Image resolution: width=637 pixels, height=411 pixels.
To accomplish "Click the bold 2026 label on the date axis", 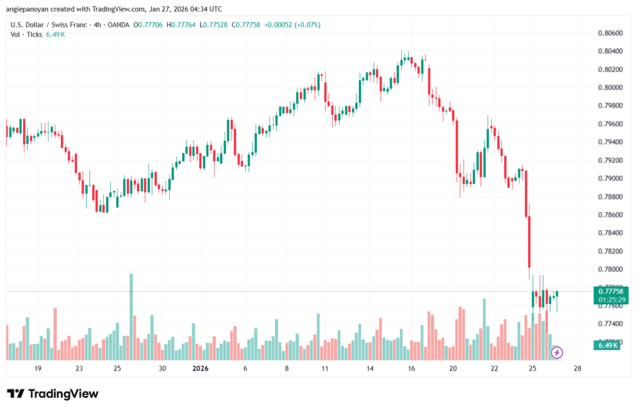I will (200, 368).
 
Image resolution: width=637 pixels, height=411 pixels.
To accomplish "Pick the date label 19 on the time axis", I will (37, 368).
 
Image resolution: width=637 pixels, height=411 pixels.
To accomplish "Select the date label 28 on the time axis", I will (577, 368).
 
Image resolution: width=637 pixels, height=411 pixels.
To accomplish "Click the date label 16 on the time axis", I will (411, 368).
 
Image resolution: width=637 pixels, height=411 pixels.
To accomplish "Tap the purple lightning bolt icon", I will (557, 353).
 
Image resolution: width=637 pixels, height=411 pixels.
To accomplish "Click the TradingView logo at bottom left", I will (52, 394).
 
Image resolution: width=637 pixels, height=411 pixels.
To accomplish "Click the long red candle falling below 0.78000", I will (529, 242).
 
